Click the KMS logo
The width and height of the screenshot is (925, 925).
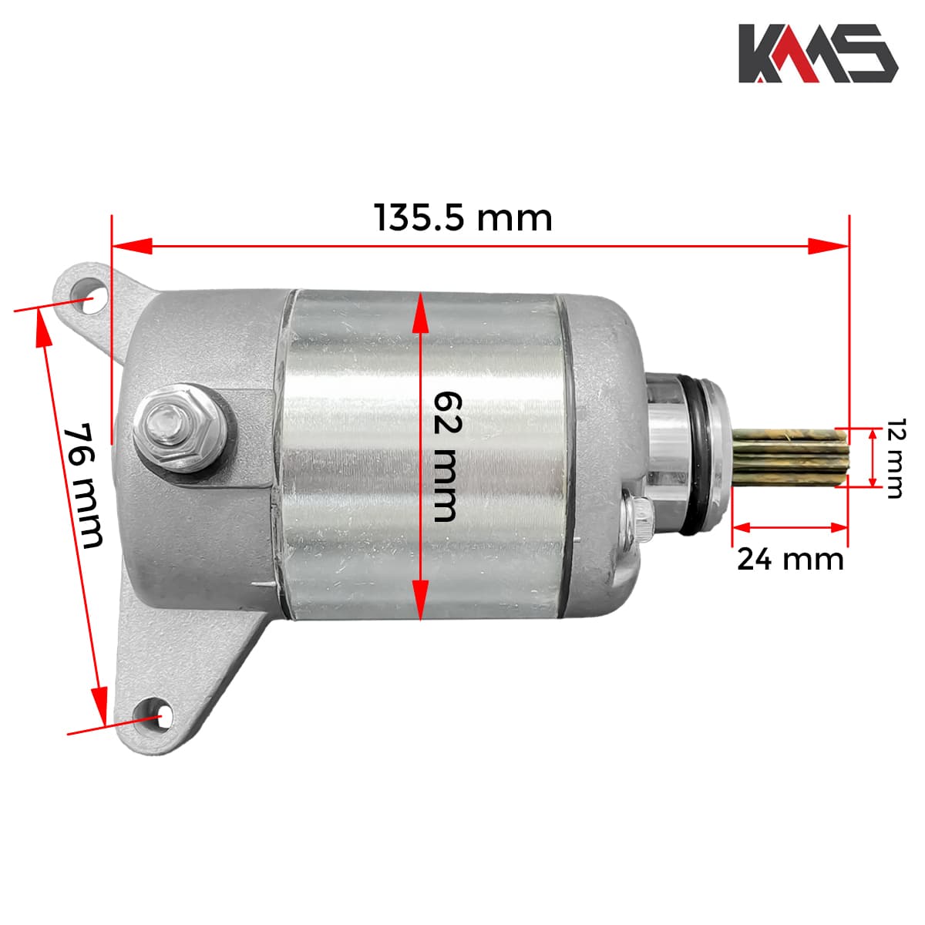pyautogui.click(x=818, y=53)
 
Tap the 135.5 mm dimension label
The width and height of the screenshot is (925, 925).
pyautogui.click(x=463, y=218)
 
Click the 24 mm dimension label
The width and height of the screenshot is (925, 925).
pyautogui.click(x=790, y=560)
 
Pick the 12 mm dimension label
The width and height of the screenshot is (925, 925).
pyautogui.click(x=895, y=459)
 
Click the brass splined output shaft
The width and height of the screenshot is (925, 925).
pyautogui.click(x=789, y=456)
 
